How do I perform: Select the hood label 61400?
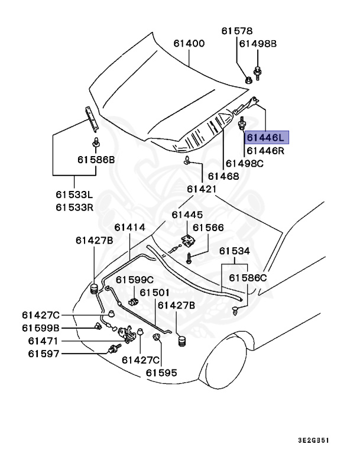coord(189,43)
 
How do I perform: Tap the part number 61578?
coord(237,31)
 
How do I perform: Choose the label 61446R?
coord(265,151)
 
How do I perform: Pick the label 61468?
coord(223,176)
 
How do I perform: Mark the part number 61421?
coord(202,189)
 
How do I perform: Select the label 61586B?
coord(95,160)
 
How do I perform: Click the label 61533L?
coord(75,194)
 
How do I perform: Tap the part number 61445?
coord(187,215)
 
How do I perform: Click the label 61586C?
coord(248,277)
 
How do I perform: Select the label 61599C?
coord(134,280)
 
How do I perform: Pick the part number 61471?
coord(41,340)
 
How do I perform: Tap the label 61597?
coord(41,354)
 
